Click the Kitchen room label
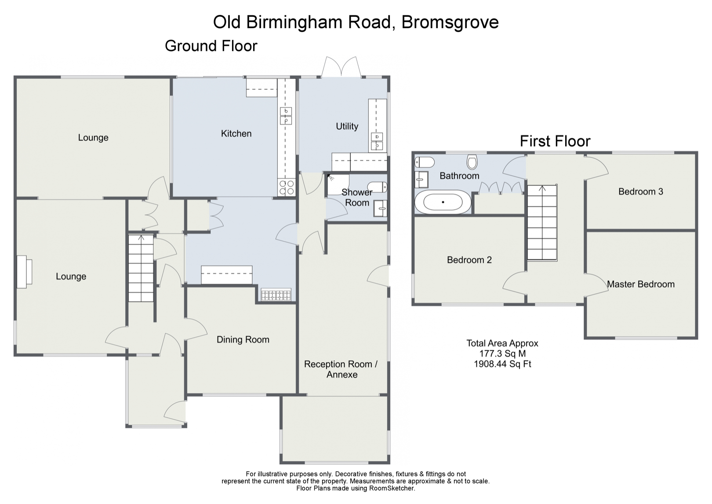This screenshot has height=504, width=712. (x=236, y=133)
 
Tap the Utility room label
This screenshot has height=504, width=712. (x=347, y=126)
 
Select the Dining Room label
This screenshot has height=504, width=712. (x=243, y=339)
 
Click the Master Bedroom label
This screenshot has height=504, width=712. (x=640, y=284)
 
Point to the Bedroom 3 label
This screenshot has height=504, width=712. (x=640, y=191)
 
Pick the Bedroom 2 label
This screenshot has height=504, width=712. (x=469, y=260)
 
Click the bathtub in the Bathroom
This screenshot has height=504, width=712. (x=443, y=202)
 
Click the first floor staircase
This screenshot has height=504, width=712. (x=541, y=222)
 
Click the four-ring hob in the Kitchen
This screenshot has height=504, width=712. (x=287, y=188)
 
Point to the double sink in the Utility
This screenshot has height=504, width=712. (x=377, y=141)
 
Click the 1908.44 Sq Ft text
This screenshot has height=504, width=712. (x=502, y=364)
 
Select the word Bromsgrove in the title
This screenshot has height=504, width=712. (x=450, y=22)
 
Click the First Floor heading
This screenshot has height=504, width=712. (x=555, y=141)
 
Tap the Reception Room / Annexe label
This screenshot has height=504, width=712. (x=341, y=369)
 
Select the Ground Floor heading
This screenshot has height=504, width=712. (x=211, y=46)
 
